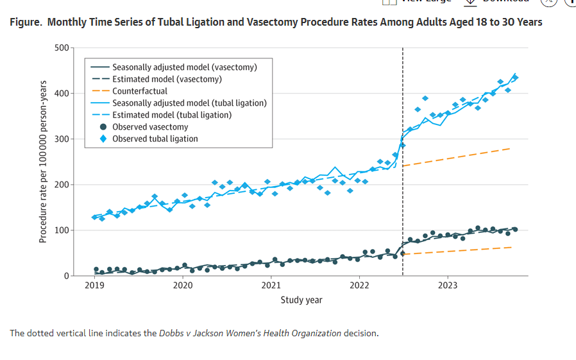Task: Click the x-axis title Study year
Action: (x=301, y=300)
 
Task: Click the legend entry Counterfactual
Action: (x=140, y=91)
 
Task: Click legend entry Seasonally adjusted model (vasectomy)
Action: (x=184, y=67)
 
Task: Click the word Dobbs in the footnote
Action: (x=171, y=333)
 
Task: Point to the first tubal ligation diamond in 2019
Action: (x=95, y=218)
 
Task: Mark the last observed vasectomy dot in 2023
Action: (x=514, y=230)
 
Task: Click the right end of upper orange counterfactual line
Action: (x=510, y=148)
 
